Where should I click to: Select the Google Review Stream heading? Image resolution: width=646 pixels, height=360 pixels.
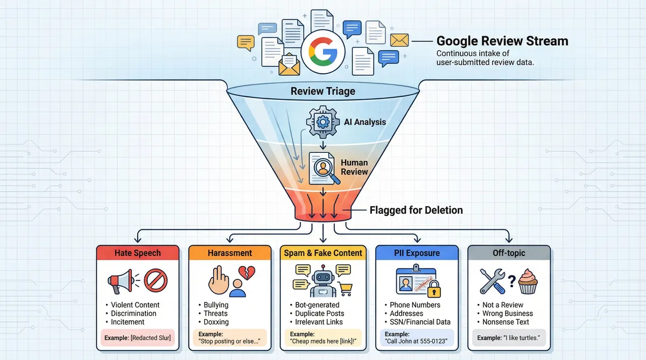point(502,41)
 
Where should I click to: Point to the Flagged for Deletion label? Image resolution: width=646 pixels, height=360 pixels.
point(416,210)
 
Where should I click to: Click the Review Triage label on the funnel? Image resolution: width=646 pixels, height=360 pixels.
point(322,91)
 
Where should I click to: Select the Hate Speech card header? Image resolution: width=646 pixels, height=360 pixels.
point(137,253)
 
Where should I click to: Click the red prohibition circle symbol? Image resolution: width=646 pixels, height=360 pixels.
point(156,280)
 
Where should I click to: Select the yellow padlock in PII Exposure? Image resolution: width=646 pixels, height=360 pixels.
point(432,289)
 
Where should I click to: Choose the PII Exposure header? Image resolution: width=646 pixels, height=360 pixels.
point(416,253)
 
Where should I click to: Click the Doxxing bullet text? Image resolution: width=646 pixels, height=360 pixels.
point(216,322)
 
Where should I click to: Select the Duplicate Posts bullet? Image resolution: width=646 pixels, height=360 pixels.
point(319,313)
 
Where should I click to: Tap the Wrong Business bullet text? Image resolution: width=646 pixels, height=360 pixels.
point(508,313)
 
